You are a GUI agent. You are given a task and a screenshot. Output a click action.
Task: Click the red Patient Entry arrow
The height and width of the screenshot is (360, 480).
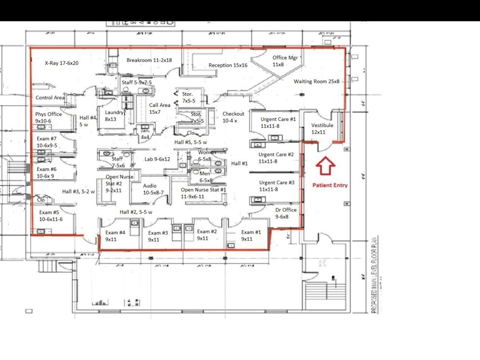[x=326, y=165]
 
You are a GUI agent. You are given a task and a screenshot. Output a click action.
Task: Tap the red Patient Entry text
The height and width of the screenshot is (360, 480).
[x=330, y=185]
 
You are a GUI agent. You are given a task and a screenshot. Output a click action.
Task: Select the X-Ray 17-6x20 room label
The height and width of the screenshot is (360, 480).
[x=62, y=63]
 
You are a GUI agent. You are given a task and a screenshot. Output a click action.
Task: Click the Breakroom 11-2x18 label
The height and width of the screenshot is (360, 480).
[x=149, y=60]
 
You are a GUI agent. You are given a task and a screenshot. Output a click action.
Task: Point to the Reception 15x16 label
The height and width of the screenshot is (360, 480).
[x=228, y=65]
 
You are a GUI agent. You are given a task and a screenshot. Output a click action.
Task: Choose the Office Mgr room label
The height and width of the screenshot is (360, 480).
[x=285, y=61]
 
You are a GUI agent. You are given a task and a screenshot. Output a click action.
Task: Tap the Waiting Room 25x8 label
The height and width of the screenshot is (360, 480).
[x=316, y=81]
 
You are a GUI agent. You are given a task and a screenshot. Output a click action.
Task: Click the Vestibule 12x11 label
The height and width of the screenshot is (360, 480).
[x=322, y=128]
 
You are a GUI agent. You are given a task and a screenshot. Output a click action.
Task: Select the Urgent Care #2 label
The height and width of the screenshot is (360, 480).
[x=276, y=158]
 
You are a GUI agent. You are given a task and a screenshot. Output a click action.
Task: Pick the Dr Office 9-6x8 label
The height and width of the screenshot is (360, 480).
[x=286, y=213]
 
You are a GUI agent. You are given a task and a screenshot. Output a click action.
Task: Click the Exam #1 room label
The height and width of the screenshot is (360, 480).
[x=251, y=235]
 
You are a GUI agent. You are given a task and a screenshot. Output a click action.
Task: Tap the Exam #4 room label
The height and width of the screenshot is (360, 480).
[x=115, y=236]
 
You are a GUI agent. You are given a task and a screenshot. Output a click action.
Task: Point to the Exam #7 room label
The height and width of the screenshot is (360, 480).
[x=47, y=142]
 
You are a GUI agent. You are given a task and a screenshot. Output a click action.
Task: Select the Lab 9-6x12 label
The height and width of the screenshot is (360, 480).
[x=157, y=159]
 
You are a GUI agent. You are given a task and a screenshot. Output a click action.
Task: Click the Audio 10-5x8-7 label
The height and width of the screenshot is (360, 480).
[x=153, y=189]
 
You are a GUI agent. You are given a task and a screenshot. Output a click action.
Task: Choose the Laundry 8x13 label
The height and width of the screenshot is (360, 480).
[x=114, y=116]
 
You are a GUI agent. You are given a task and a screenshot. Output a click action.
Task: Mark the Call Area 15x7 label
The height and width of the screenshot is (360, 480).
[x=160, y=109]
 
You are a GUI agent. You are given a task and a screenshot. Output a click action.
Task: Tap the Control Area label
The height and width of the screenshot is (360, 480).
[x=50, y=98]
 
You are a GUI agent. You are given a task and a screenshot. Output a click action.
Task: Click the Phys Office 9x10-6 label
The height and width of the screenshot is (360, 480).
[x=48, y=118]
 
